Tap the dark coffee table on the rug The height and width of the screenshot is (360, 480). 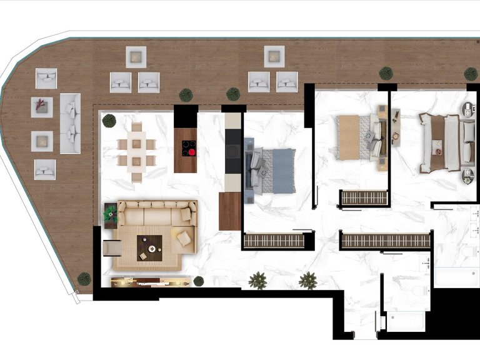click(x=150, y=247)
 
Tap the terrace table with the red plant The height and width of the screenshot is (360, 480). click(x=42, y=107)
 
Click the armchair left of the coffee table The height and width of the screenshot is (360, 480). click(x=113, y=248)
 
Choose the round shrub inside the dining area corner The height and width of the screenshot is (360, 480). click(x=109, y=120)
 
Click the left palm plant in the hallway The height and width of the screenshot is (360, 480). click(x=257, y=281)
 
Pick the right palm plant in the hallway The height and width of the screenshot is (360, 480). click(x=307, y=281)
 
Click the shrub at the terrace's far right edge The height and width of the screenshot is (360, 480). click(x=471, y=74)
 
